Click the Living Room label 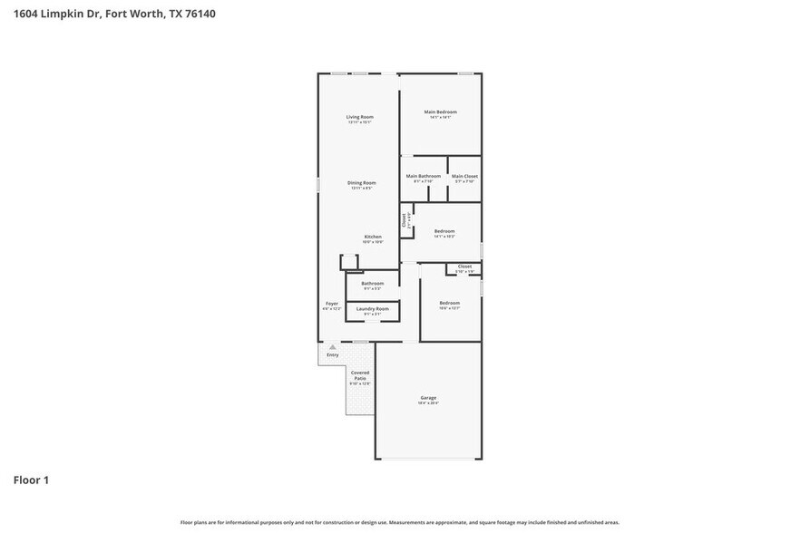359,117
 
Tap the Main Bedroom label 440,112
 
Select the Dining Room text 361,183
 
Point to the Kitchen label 373,237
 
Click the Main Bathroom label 423,176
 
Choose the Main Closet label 464,176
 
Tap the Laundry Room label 372,309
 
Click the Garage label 428,398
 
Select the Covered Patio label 360,375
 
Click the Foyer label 332,304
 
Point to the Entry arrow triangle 333,347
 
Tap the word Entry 333,354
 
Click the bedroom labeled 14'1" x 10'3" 444,231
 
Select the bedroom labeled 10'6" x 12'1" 449,303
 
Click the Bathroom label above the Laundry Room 372,283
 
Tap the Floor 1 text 31,480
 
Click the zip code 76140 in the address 200,14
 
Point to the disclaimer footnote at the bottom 399,522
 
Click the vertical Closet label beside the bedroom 405,219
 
